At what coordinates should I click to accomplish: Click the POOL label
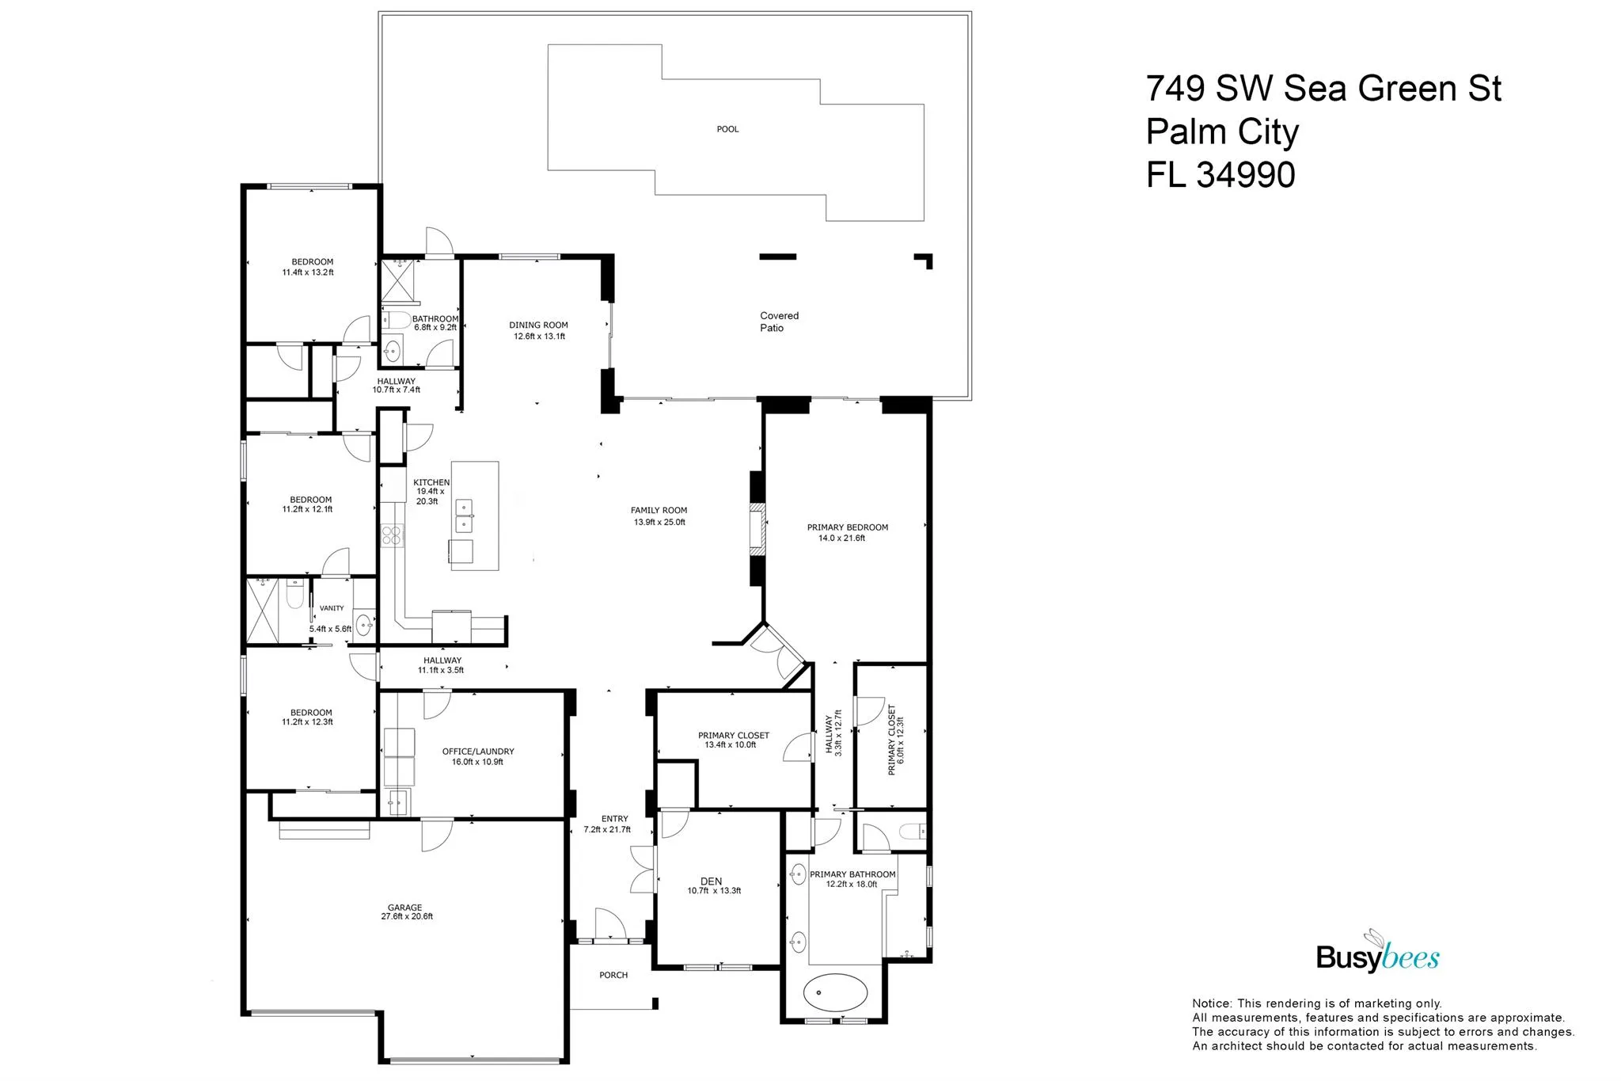[727, 129]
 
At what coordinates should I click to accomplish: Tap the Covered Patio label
[779, 322]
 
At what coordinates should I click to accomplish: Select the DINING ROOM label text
[538, 325]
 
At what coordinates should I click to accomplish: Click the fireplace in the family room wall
[758, 527]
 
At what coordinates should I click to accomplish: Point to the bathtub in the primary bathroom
[836, 991]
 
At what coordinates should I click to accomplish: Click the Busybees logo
[1377, 953]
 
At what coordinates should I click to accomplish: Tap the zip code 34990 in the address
[1245, 175]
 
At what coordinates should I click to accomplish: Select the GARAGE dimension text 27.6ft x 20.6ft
[407, 916]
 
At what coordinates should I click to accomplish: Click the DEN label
[711, 881]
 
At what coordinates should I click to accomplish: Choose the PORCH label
[613, 975]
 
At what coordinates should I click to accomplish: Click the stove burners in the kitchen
[392, 536]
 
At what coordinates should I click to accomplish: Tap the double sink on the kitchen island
[464, 516]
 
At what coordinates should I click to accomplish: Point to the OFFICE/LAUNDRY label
[478, 752]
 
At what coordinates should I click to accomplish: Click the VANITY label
[332, 608]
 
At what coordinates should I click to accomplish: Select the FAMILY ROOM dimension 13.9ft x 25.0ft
[659, 522]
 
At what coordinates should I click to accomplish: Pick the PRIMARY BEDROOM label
[848, 527]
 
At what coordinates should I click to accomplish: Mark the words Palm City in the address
[1222, 132]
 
